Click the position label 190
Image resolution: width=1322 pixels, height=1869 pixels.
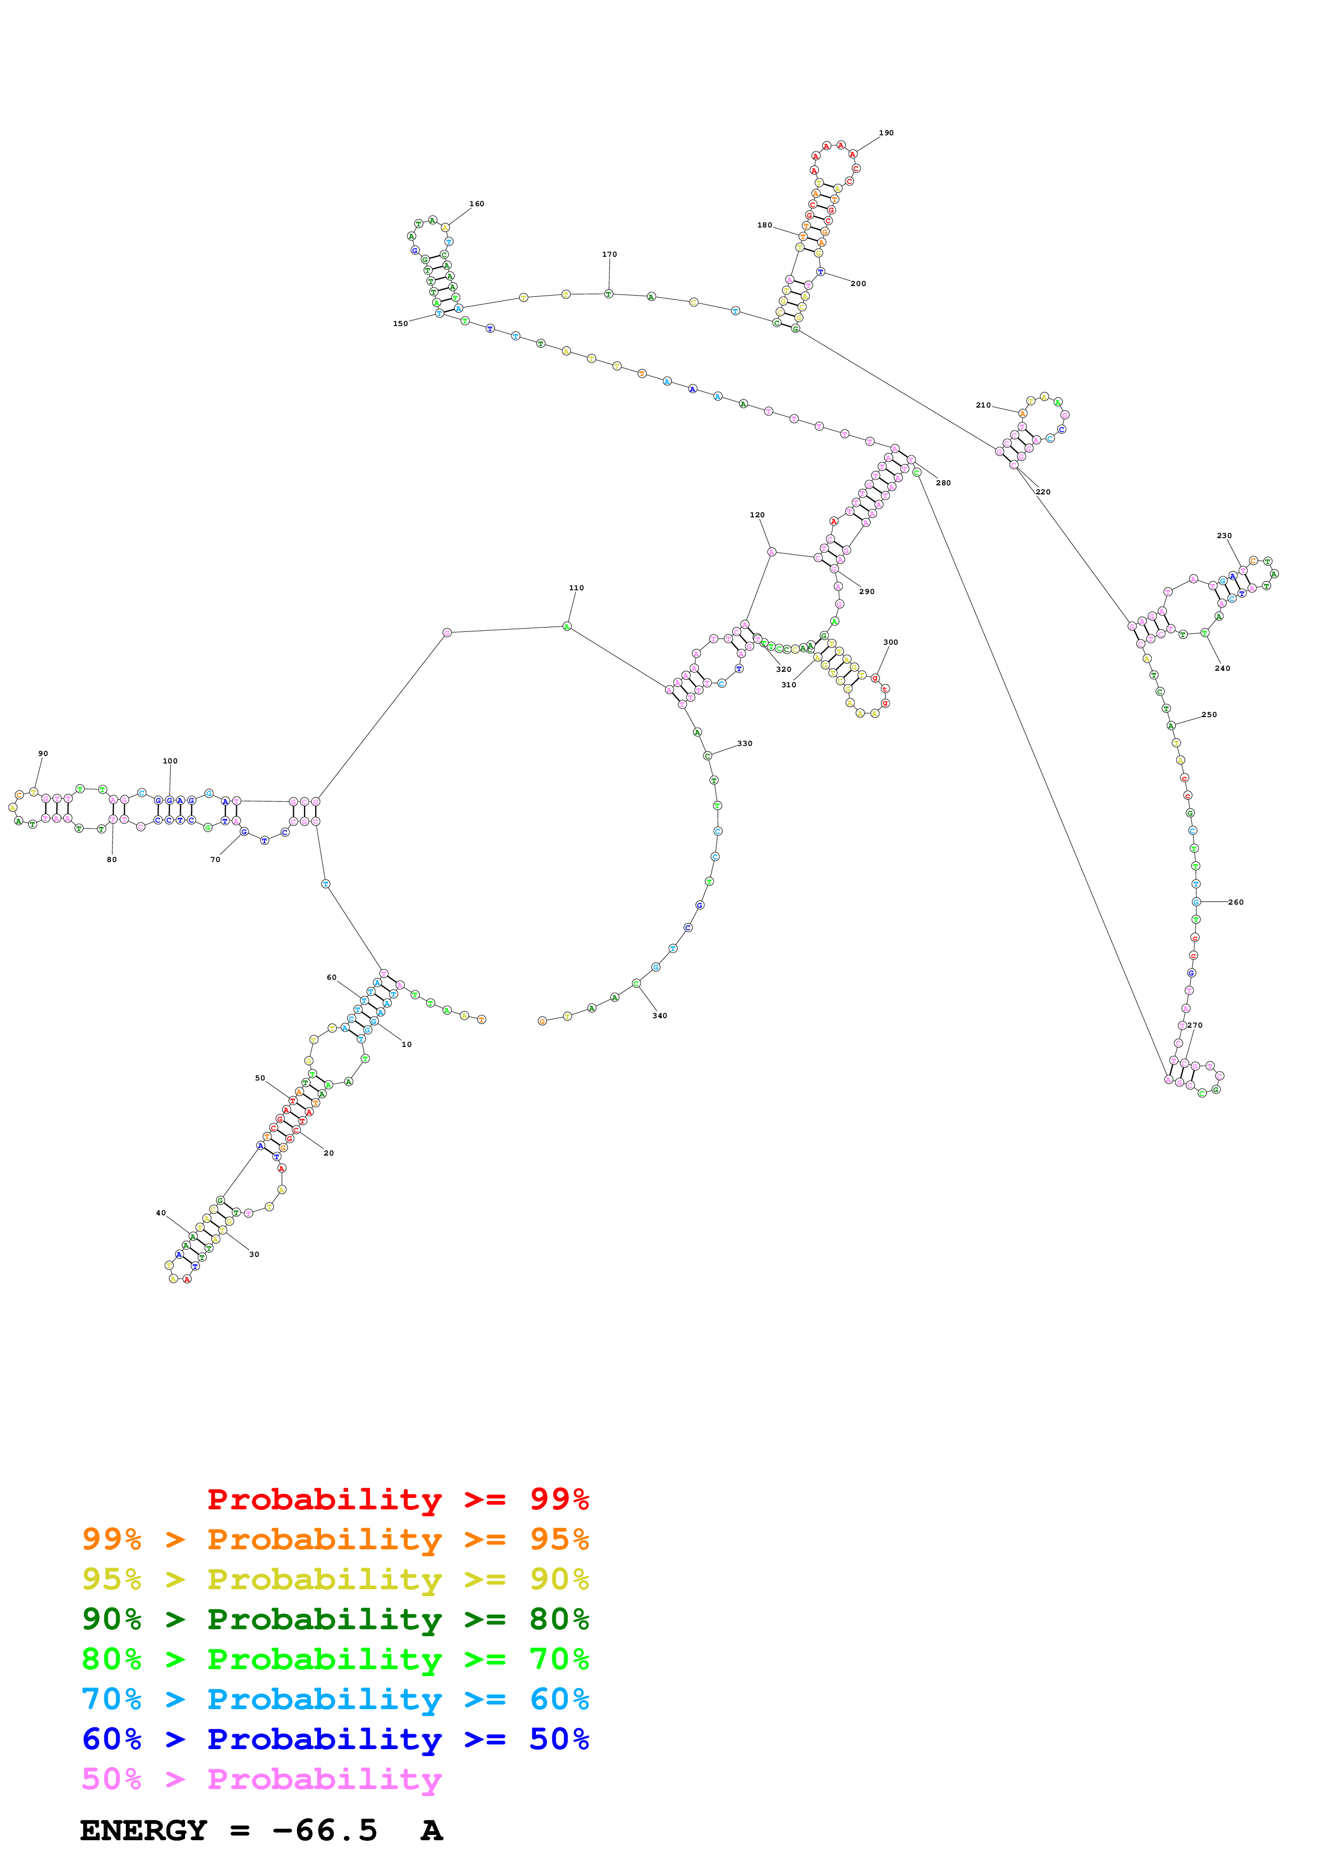coord(886,133)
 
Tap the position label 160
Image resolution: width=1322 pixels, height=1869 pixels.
coord(477,204)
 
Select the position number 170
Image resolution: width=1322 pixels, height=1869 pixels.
coord(610,254)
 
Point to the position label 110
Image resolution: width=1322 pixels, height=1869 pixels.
coord(576,588)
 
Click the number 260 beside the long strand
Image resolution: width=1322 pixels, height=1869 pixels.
coord(1236,902)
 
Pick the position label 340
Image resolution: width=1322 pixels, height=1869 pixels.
coord(660,1016)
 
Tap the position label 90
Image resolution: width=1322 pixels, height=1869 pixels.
coord(43,754)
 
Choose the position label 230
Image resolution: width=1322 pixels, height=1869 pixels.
coord(1224,535)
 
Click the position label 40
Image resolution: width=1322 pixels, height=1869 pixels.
coord(161,1213)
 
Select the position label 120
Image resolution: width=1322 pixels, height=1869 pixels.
coord(757,515)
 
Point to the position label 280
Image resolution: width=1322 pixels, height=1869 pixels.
coord(943,483)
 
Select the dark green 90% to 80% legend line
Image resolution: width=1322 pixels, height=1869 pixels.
coord(335,1619)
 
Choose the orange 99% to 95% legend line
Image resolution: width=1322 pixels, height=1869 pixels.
coord(335,1539)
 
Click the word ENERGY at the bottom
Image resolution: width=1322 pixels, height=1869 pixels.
coord(143,1831)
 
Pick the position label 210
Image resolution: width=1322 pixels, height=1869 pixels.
coord(983,404)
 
